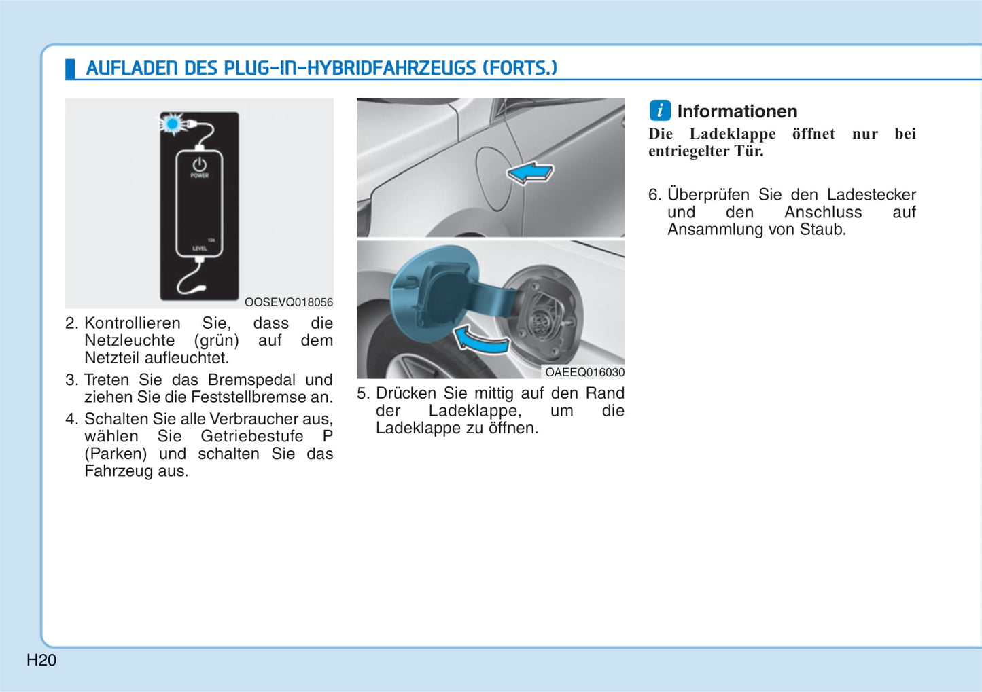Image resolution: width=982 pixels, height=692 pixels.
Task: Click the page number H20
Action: [41, 660]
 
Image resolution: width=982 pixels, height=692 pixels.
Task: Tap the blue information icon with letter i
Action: [660, 110]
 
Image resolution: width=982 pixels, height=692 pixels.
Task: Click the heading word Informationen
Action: [737, 111]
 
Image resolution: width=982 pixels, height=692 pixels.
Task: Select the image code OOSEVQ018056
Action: [288, 302]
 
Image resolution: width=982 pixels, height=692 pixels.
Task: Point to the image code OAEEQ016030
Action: [585, 372]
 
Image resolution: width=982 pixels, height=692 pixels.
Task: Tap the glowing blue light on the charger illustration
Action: [173, 124]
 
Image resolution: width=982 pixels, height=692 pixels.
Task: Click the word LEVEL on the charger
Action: [200, 249]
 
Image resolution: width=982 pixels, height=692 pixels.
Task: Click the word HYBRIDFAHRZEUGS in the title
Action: [391, 68]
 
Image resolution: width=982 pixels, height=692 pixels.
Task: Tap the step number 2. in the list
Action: [72, 323]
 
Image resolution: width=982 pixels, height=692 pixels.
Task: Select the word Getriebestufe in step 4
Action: [251, 436]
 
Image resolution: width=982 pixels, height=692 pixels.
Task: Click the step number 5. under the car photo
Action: [364, 393]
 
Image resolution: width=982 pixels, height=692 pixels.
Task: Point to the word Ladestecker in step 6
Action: [871, 194]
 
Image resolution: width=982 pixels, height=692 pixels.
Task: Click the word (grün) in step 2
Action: [216, 341]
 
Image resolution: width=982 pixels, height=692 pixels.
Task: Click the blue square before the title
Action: [70, 69]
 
